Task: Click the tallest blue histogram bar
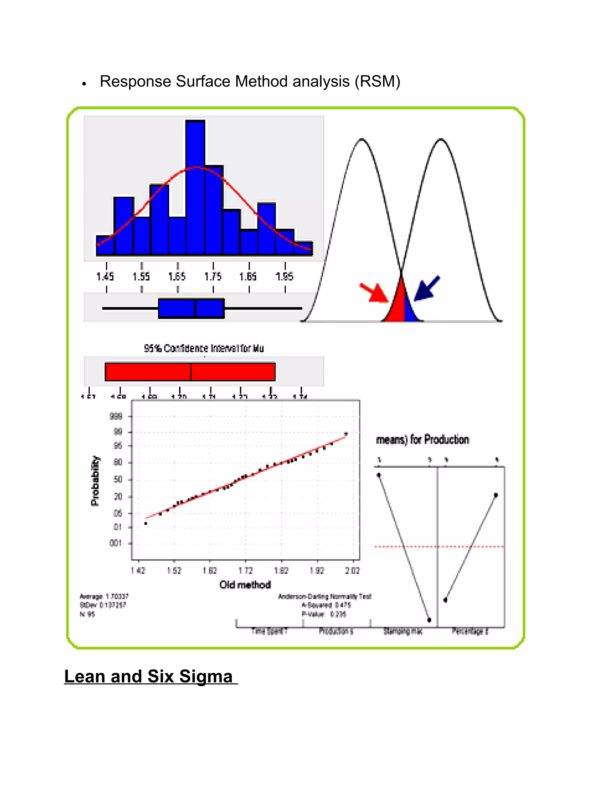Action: click(x=195, y=188)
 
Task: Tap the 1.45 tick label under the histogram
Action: click(x=105, y=277)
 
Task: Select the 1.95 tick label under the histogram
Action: click(x=284, y=277)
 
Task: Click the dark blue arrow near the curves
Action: click(x=426, y=288)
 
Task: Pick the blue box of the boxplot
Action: click(x=191, y=308)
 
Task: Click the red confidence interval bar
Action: click(x=190, y=372)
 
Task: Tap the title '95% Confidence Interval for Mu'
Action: click(x=204, y=348)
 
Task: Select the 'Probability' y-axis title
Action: click(x=95, y=481)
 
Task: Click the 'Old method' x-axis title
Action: click(x=245, y=585)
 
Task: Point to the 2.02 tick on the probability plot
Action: click(x=352, y=570)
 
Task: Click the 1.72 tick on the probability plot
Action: click(x=246, y=570)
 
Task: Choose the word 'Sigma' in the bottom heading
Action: click(x=206, y=676)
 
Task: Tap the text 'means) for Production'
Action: click(x=423, y=439)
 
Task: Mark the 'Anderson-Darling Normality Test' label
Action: click(x=325, y=597)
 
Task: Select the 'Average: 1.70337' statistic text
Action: click(x=104, y=597)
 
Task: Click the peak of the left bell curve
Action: click(x=362, y=139)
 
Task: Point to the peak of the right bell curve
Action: click(x=440, y=139)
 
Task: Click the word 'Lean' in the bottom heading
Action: click(x=85, y=676)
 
